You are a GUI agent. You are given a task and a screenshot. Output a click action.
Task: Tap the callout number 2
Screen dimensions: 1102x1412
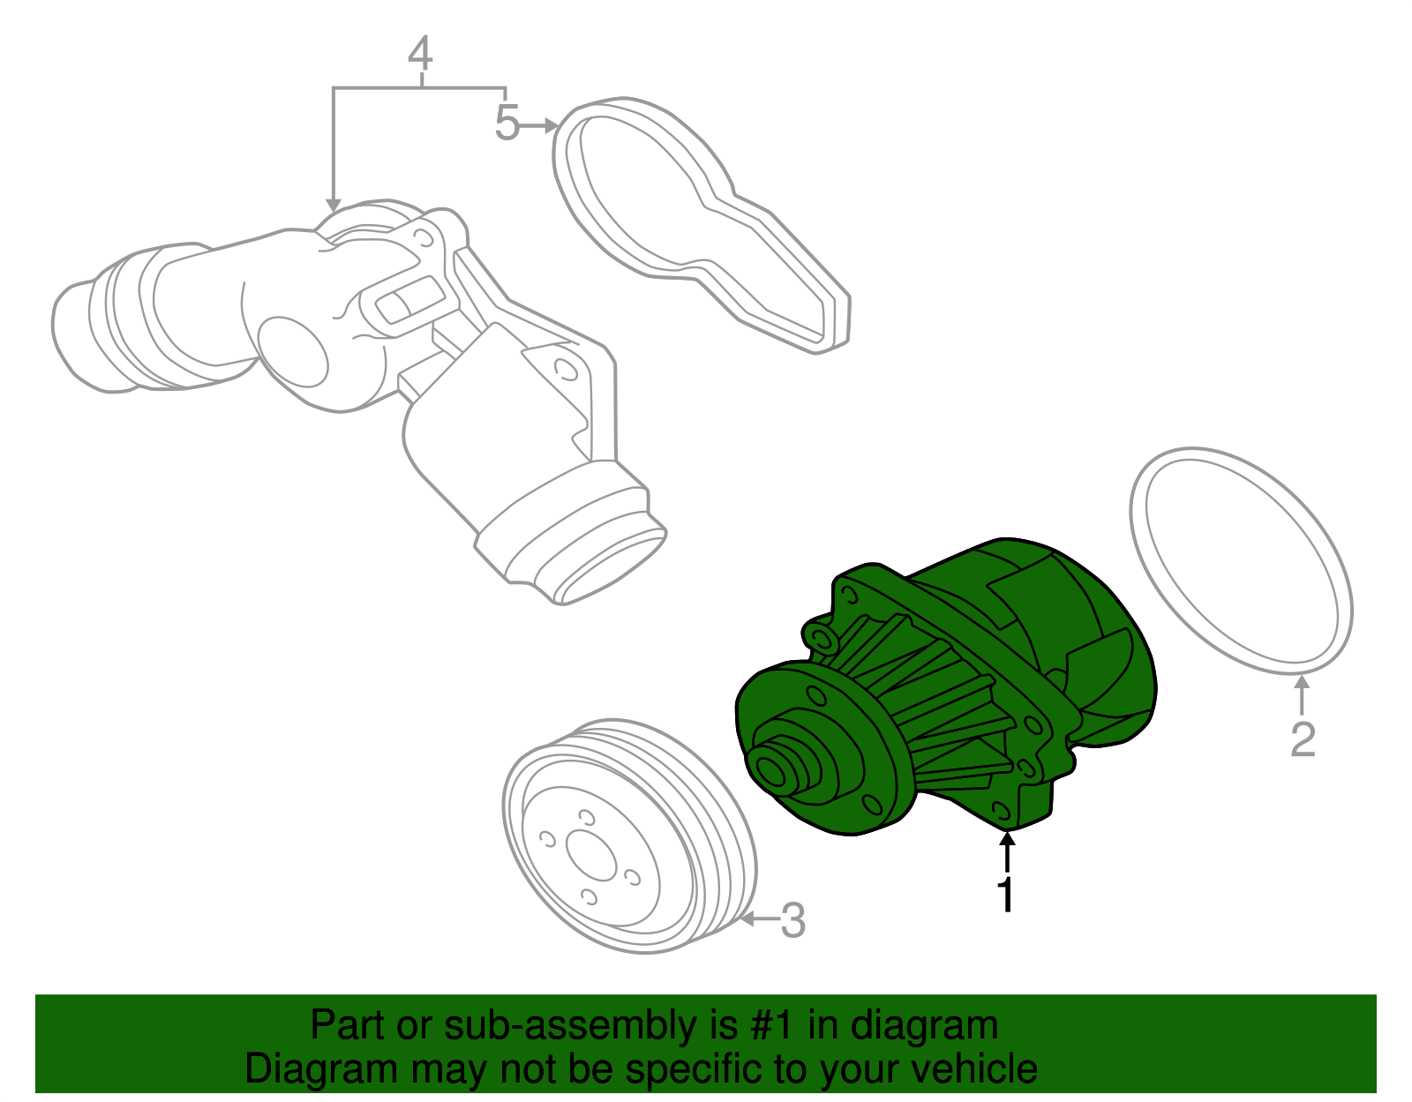(x=1303, y=739)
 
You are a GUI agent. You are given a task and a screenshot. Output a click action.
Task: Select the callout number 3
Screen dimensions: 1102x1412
(x=792, y=920)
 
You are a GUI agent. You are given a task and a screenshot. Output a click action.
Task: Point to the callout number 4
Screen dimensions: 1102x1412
(x=421, y=54)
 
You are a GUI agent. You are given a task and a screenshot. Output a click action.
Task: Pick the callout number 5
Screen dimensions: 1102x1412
(x=506, y=123)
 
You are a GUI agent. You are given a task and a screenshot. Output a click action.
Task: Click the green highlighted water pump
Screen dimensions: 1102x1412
(x=953, y=688)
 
